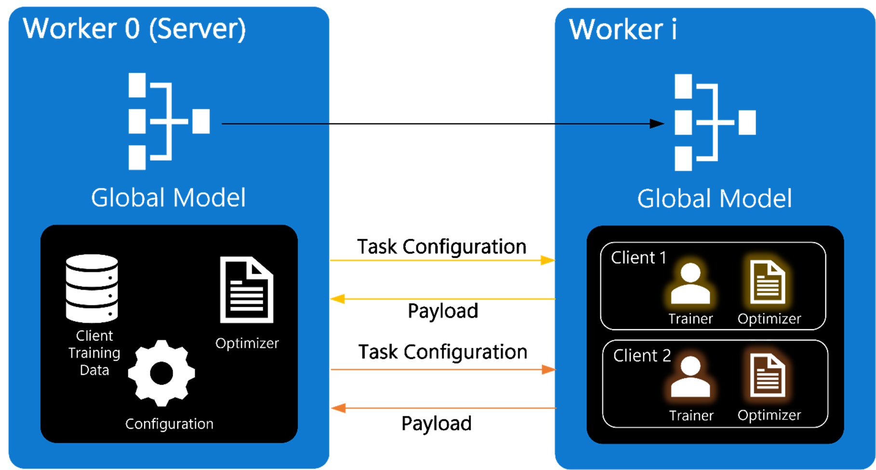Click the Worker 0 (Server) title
(134, 29)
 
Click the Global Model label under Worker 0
(168, 198)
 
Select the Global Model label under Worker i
(715, 199)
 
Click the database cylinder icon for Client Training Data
(92, 288)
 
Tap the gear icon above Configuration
(161, 373)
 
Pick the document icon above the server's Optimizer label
(247, 290)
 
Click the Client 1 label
(638, 258)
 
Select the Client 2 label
(642, 356)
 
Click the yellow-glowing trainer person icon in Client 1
(690, 284)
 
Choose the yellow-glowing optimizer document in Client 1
(767, 282)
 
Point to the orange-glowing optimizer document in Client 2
(767, 376)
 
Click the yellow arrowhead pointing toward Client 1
(547, 260)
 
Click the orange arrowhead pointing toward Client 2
(548, 370)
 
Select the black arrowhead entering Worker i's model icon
(657, 124)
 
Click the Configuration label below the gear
(169, 424)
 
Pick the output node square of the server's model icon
(201, 121)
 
